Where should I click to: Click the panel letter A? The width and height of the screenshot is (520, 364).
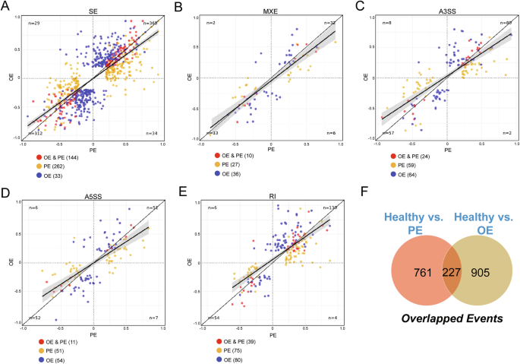coord(5,6)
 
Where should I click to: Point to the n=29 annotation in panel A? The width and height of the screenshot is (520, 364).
coord(33,23)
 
